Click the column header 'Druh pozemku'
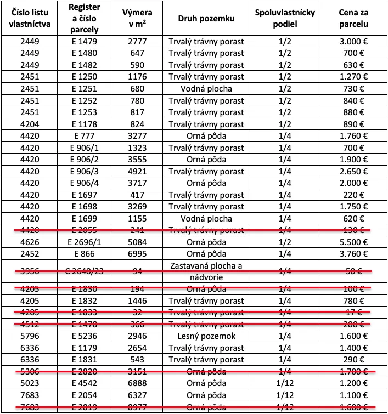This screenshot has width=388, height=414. tap(206, 19)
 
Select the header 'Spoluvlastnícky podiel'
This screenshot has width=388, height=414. tap(285, 19)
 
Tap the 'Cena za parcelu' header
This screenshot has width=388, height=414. tap(353, 19)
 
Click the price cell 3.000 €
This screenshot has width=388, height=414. tap(353, 42)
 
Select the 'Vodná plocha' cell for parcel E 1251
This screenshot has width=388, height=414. tap(206, 89)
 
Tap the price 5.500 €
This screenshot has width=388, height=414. tap(353, 242)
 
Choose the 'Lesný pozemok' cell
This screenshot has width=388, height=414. tap(206, 336)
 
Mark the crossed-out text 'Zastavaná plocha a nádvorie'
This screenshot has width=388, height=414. tap(206, 271)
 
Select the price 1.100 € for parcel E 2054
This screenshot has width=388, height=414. tap(353, 395)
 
